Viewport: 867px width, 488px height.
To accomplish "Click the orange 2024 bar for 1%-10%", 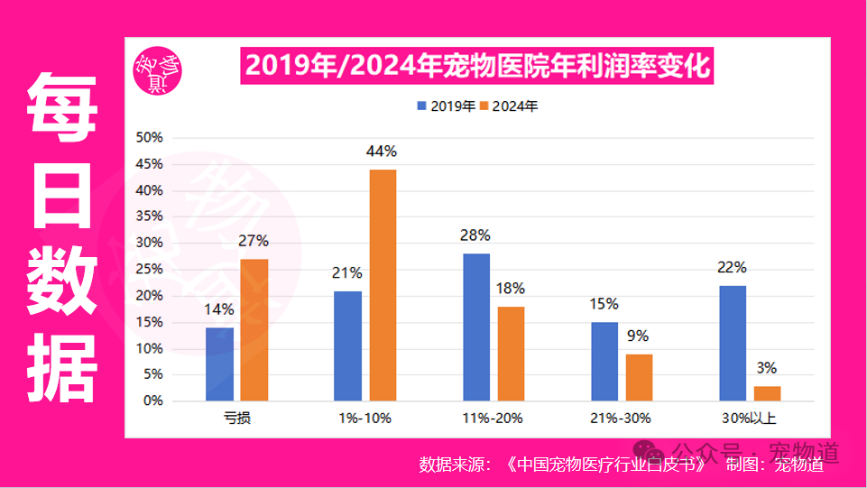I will pos(382,285).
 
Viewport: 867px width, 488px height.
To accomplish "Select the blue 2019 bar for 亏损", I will pos(219,364).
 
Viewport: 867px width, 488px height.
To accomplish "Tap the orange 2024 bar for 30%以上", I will pos(767,393).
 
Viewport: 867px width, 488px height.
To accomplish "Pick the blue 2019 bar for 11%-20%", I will pos(476,327).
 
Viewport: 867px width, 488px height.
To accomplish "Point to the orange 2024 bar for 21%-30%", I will pos(639,377).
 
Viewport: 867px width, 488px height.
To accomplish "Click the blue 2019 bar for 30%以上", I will pos(733,343).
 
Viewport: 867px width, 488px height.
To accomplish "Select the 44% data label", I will pos(382,152).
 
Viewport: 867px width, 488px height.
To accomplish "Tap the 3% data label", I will pos(767,368).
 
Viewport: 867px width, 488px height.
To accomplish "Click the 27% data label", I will pos(254,241).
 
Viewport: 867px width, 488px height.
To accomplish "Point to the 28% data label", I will pos(475,235).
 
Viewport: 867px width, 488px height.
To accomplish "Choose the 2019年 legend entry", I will pos(446,106).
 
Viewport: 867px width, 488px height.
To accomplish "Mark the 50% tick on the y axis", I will pos(148,137).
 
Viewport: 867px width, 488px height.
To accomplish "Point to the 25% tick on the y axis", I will pos(148,269).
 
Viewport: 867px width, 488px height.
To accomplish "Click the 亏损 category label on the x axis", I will pos(236,418).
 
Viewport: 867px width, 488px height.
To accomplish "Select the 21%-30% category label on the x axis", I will pos(622,418).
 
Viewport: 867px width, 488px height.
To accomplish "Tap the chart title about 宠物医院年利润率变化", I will pos(477,66).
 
